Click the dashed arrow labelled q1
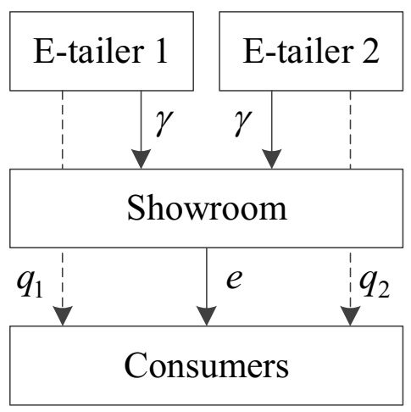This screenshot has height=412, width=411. [x=63, y=284]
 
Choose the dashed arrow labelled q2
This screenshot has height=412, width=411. [x=349, y=284]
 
